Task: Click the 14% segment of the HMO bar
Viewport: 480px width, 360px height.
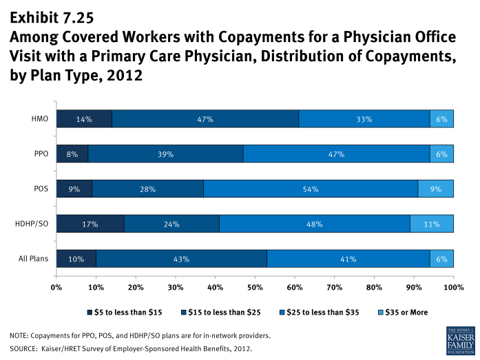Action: [84, 119]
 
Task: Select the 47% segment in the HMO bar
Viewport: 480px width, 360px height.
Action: [205, 119]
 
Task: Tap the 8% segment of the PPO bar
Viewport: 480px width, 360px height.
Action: [72, 154]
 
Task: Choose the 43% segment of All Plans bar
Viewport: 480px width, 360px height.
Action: [181, 259]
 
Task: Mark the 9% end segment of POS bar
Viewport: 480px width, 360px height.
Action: [435, 189]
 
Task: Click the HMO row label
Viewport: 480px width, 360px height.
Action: [41, 119]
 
